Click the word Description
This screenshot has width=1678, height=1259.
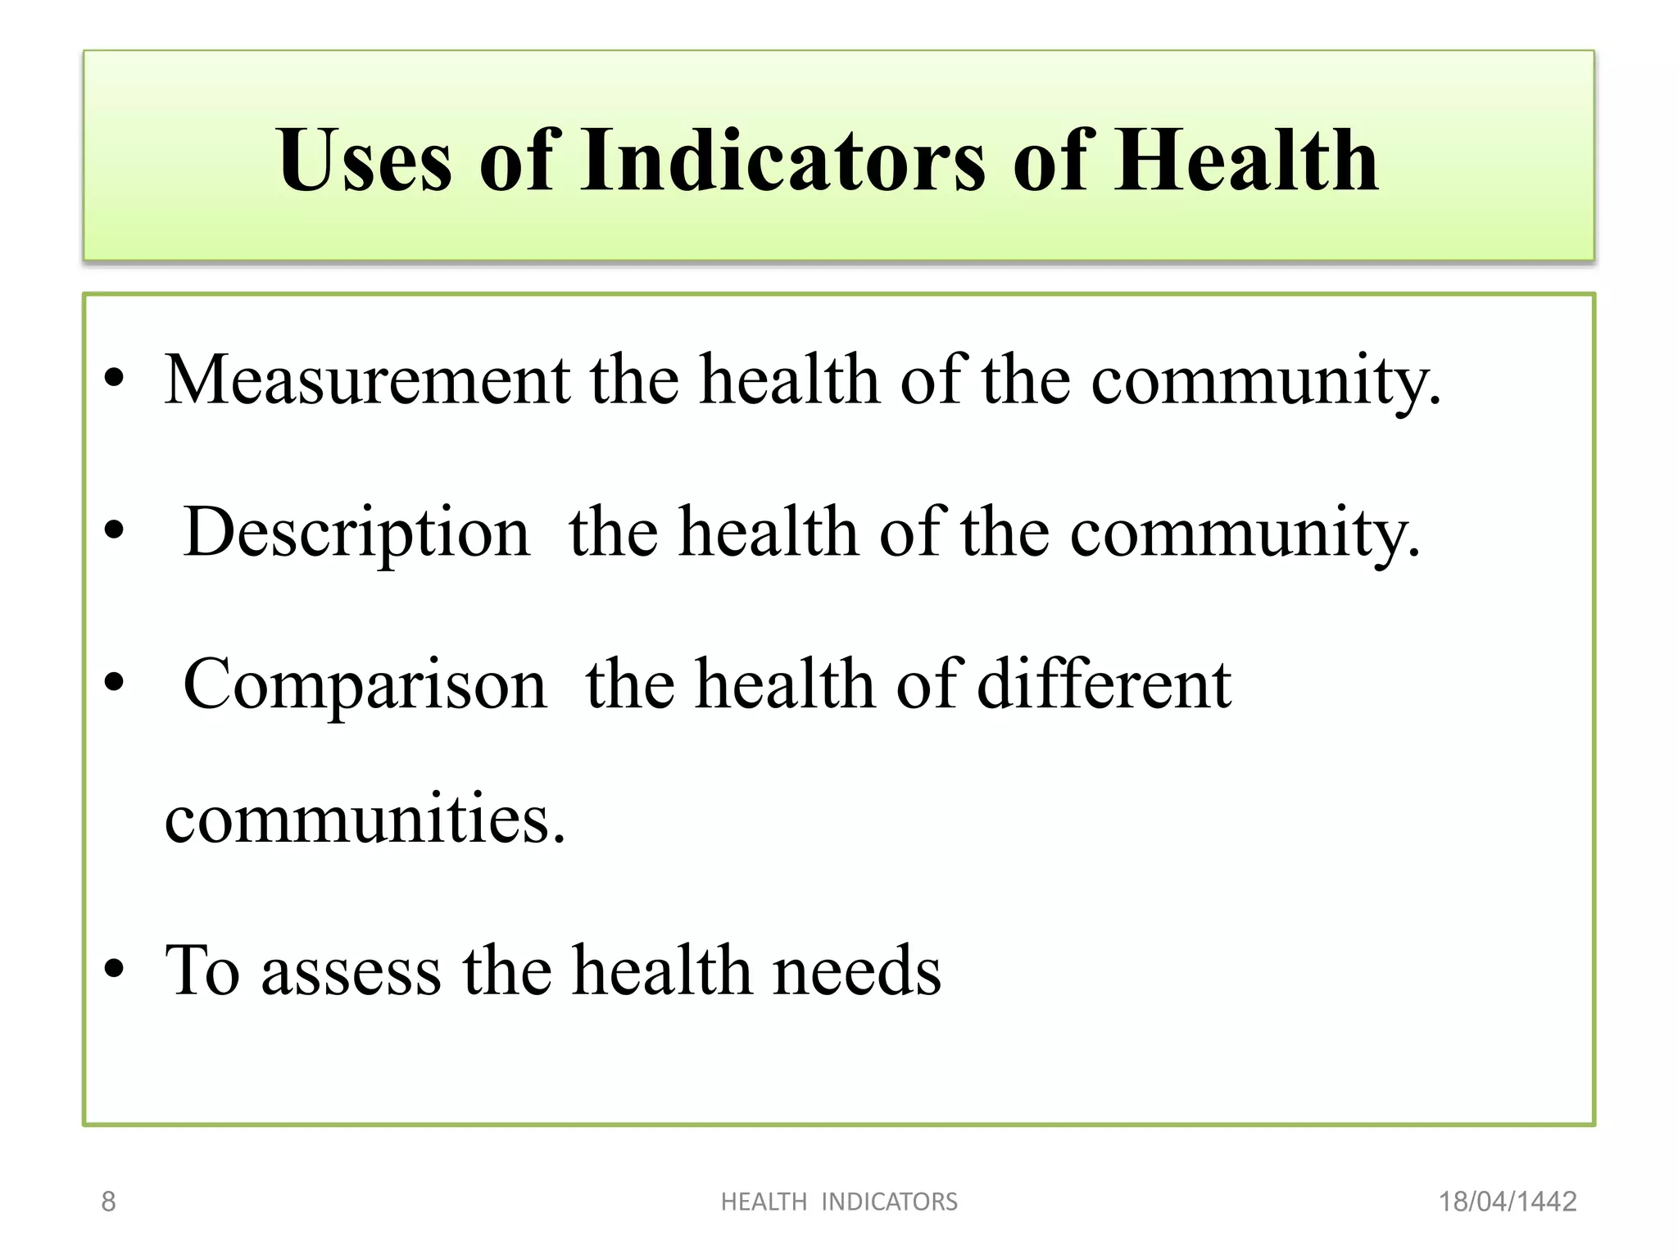[356, 532]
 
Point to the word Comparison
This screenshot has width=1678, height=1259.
[365, 684]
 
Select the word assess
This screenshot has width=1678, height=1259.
[351, 972]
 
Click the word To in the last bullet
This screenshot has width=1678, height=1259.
[202, 970]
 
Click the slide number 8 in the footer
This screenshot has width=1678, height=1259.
[108, 1202]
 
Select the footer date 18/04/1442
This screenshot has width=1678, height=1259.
[1508, 1202]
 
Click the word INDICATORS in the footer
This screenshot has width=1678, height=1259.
[889, 1202]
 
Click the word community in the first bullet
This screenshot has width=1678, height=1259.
[1266, 381]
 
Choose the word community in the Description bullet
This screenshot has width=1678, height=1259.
[1245, 534]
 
